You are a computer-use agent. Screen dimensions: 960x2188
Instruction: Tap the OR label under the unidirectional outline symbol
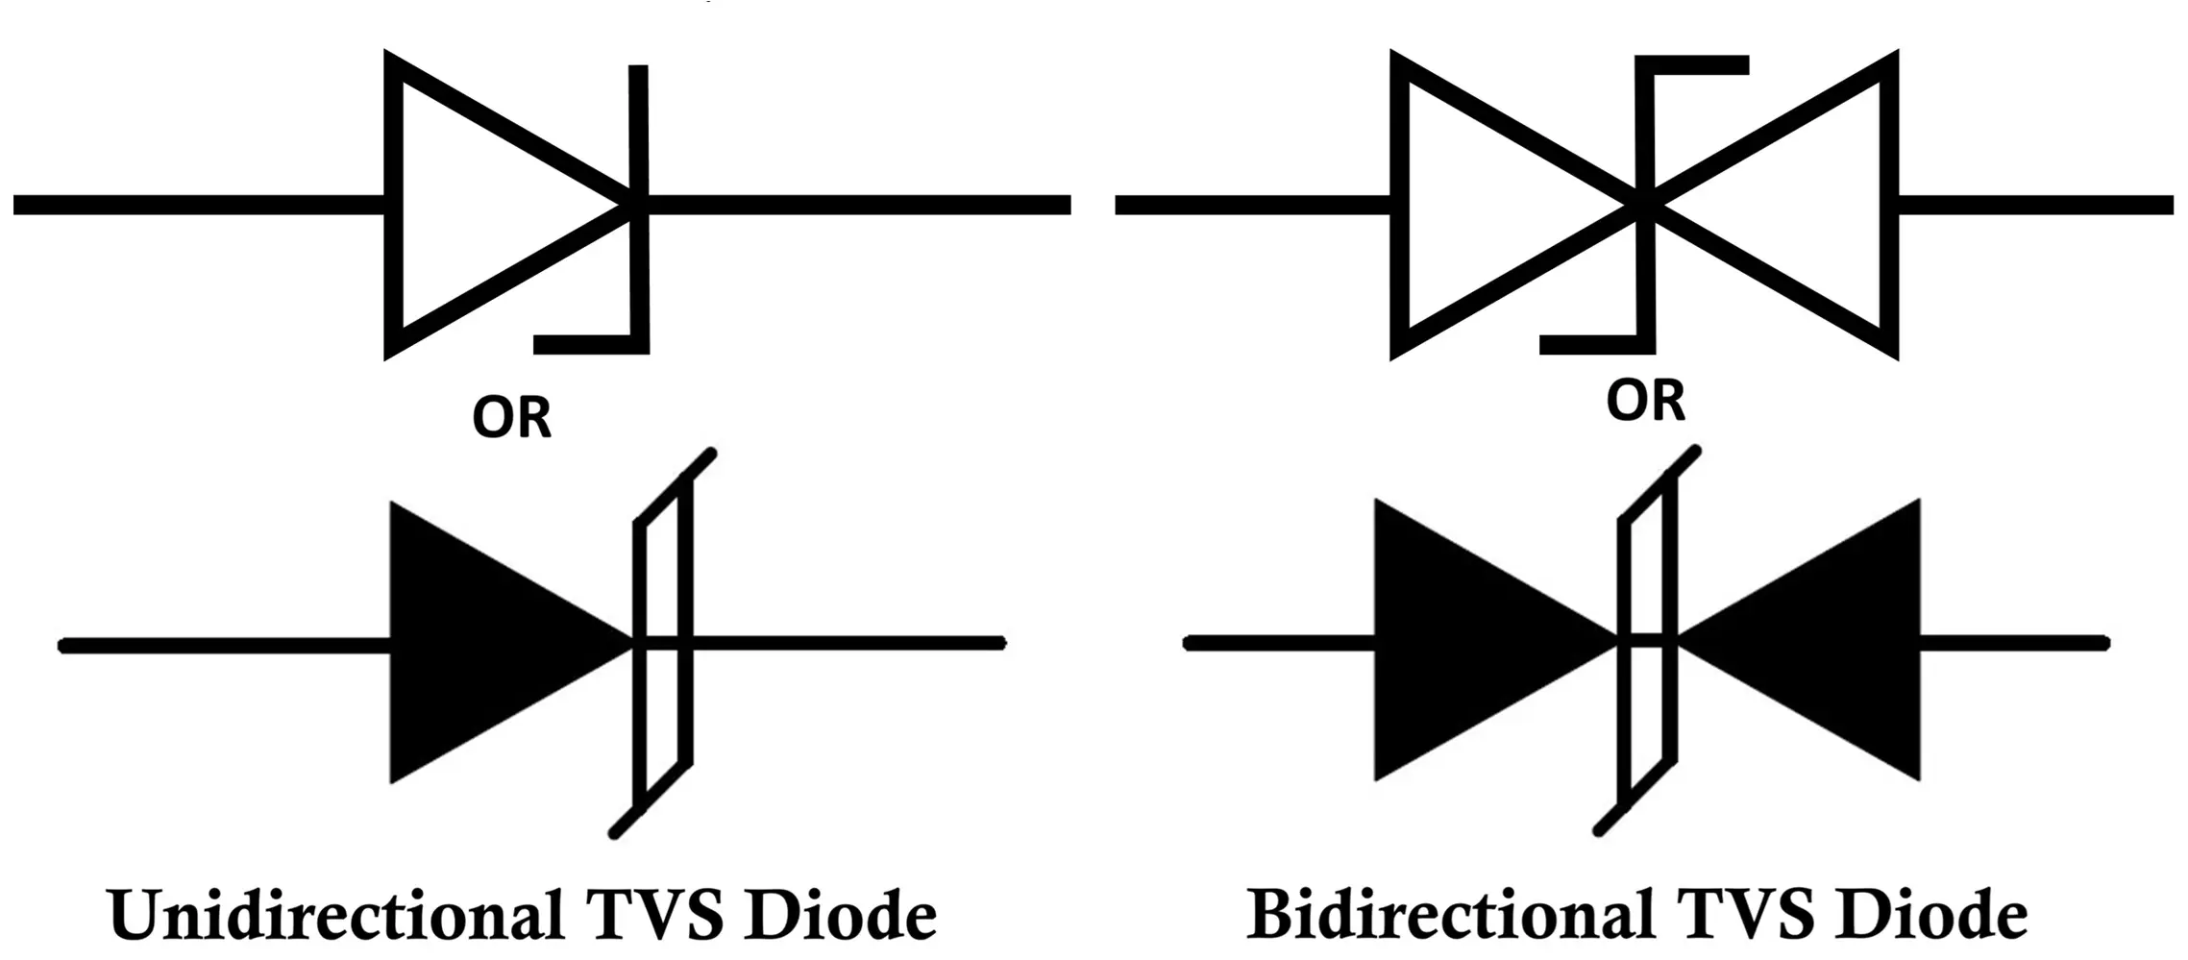[x=511, y=418]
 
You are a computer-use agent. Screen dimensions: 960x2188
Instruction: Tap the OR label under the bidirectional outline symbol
[x=1645, y=401]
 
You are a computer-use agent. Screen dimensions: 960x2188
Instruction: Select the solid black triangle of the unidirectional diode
[x=480, y=642]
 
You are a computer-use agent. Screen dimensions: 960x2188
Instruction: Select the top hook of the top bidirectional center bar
[x=1696, y=64]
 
